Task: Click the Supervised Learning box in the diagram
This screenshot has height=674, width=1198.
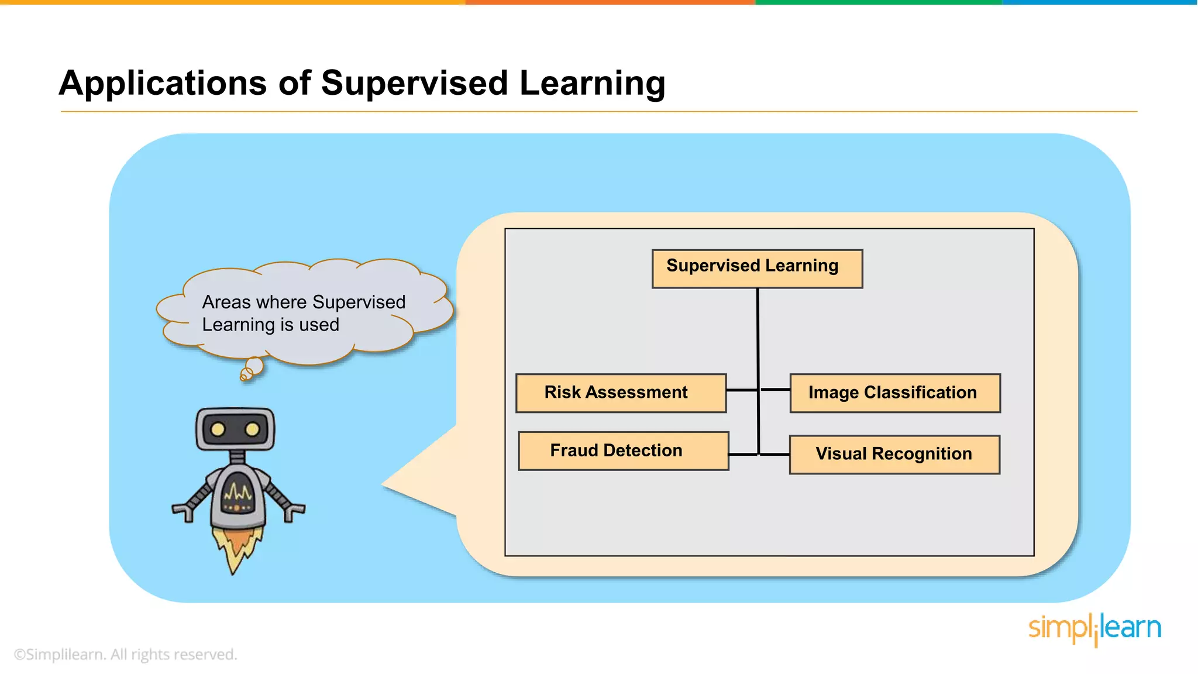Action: tap(757, 269)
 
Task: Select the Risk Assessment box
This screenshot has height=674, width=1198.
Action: tap(621, 393)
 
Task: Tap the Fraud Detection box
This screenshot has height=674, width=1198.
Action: tap(623, 451)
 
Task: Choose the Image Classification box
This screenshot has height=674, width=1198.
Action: tap(894, 393)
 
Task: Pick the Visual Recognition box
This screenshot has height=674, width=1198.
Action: tap(894, 455)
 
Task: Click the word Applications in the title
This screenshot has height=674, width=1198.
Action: tap(163, 83)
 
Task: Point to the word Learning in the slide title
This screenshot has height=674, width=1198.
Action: tap(592, 83)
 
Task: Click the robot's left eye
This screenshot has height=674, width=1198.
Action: tap(218, 430)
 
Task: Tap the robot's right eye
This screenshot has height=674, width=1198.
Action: tap(252, 430)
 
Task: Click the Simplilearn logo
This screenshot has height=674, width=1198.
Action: tap(1094, 629)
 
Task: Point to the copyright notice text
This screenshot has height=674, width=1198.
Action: tap(125, 654)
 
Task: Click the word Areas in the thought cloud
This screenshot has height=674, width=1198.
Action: tap(226, 302)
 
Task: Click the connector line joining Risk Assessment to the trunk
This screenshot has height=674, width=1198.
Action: tap(742, 390)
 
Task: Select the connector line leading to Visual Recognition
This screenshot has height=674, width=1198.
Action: tap(774, 455)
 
